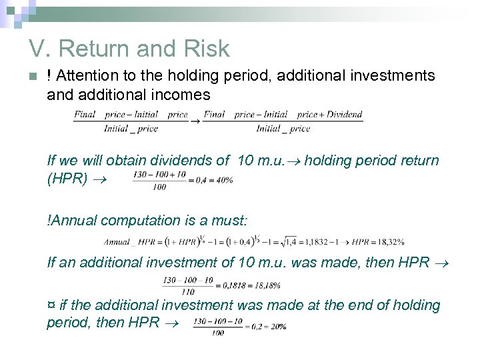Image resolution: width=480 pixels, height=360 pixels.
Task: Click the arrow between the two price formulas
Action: pyautogui.click(x=196, y=121)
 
